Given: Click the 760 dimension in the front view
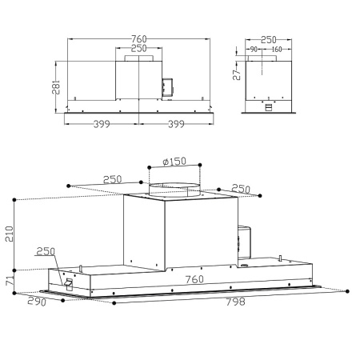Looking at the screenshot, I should pyautogui.click(x=138, y=39).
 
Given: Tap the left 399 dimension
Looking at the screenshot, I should pyautogui.click(x=102, y=125).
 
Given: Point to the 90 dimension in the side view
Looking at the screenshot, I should pyautogui.click(x=254, y=49).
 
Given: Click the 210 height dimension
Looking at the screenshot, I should pyautogui.click(x=10, y=233).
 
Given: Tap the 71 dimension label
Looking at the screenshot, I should pyautogui.click(x=10, y=282).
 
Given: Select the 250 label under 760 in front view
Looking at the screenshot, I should pyautogui.click(x=138, y=49).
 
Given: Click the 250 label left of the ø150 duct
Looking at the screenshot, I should pyautogui.click(x=112, y=179).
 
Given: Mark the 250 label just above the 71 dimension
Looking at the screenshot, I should pyautogui.click(x=46, y=251).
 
